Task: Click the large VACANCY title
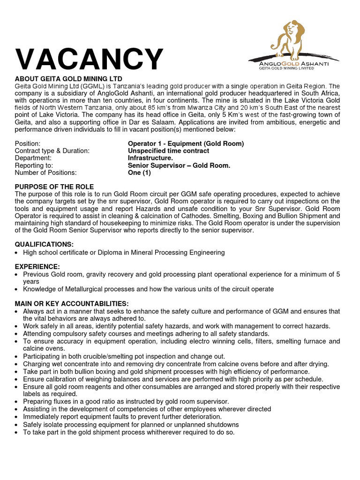pyautogui.click(x=89, y=60)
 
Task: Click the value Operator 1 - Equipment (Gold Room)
pyautogui.click(x=186, y=144)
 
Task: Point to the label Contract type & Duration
pyautogui.click(x=52, y=151)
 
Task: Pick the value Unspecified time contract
pyautogui.click(x=168, y=151)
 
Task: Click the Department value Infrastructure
pyautogui.click(x=150, y=158)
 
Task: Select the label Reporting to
pyautogui.click(x=34, y=165)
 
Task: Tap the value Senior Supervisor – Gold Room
pyautogui.click(x=179, y=165)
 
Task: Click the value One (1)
pyautogui.click(x=138, y=172)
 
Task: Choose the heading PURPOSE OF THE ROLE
pyautogui.click(x=54, y=187)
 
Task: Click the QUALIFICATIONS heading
pyautogui.click(x=44, y=244)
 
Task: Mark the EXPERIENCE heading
pyautogui.click(x=37, y=266)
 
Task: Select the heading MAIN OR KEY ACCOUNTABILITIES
pyautogui.click(x=72, y=303)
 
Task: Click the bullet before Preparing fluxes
pyautogui.click(x=17, y=402)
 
